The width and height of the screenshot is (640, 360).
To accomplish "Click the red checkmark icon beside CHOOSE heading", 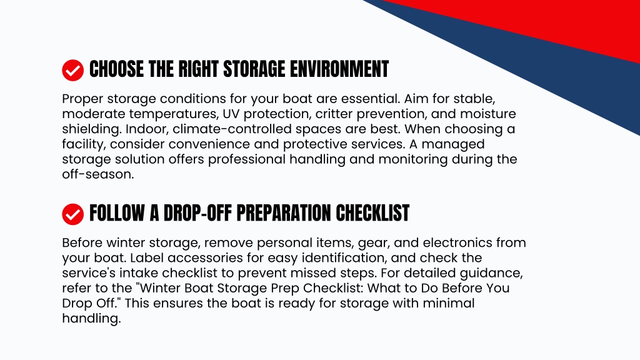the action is pyautogui.click(x=72, y=70).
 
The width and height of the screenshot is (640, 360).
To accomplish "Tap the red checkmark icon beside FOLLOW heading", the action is pyautogui.click(x=72, y=214).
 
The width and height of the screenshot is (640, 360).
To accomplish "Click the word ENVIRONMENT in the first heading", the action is pyautogui.click(x=339, y=69).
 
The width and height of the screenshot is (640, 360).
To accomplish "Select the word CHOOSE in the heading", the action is pyautogui.click(x=116, y=69).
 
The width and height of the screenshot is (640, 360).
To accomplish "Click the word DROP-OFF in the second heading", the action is pyautogui.click(x=197, y=213).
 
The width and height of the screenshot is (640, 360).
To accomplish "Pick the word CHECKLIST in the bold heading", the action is pyautogui.click(x=372, y=213).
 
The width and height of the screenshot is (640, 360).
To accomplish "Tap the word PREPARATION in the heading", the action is pyautogui.click(x=284, y=213).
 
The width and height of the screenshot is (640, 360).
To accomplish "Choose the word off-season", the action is pyautogui.click(x=98, y=174).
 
